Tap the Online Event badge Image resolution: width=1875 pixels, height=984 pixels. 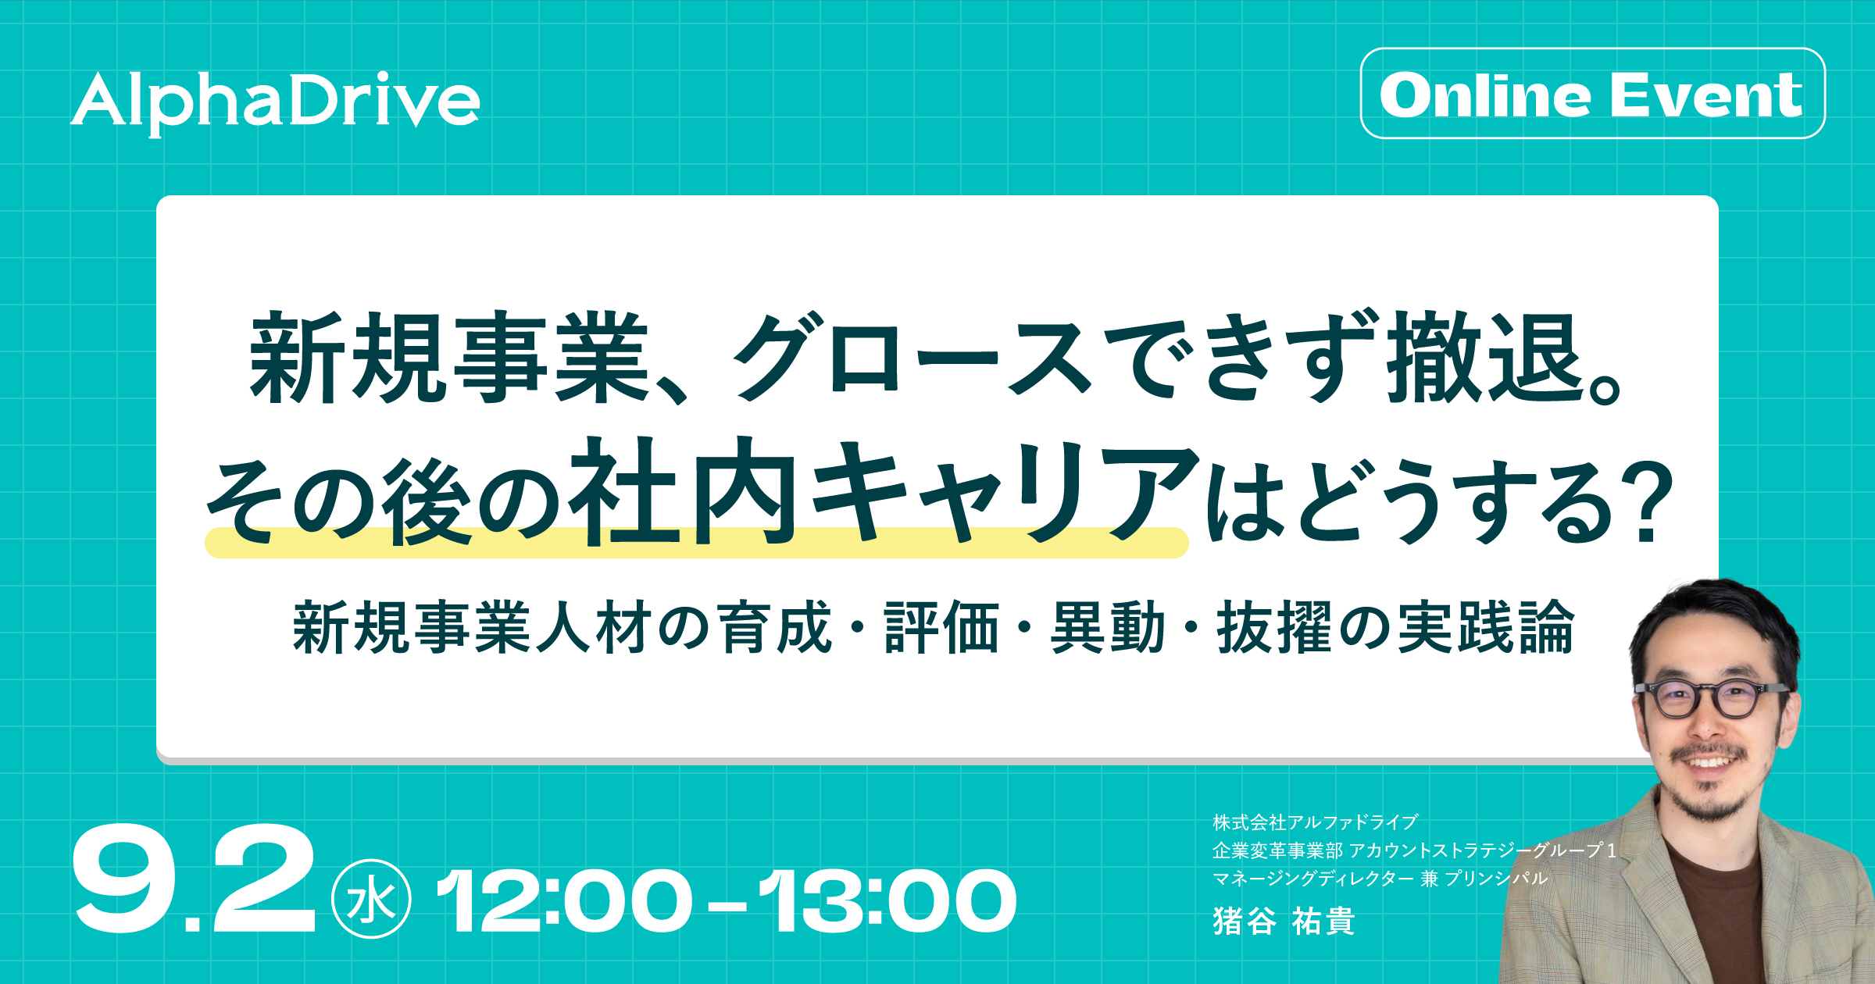[1593, 94]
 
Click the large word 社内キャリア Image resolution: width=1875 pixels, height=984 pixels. [883, 490]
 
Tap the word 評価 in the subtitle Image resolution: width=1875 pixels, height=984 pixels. [941, 627]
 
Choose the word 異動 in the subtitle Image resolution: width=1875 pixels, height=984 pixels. [1108, 627]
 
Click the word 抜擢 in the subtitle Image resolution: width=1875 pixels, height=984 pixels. [1274, 627]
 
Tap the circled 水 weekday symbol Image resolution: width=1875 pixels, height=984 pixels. [371, 900]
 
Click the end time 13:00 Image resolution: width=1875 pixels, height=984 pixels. [887, 901]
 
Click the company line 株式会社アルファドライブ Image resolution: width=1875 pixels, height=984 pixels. [1315, 822]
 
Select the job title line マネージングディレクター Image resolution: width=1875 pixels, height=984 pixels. [1312, 879]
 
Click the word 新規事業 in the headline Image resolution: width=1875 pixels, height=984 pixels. [449, 358]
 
